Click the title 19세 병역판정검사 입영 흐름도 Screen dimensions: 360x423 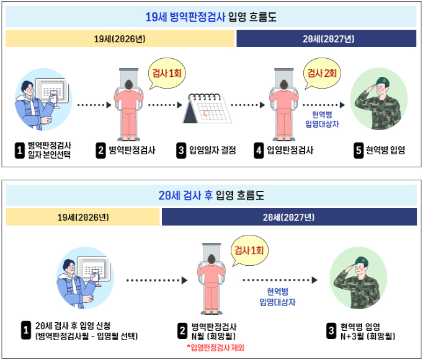[211, 17]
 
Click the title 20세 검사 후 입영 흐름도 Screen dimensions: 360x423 [211, 196]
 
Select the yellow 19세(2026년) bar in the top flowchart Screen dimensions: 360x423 [120, 38]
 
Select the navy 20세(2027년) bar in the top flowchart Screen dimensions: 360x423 [326, 38]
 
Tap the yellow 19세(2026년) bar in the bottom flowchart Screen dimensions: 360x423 [83, 217]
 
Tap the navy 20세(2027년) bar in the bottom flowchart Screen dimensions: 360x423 [288, 217]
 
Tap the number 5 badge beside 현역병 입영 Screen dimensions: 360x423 [358, 151]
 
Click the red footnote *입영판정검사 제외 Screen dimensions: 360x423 [215, 348]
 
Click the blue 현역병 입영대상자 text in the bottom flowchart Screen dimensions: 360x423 [277, 297]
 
